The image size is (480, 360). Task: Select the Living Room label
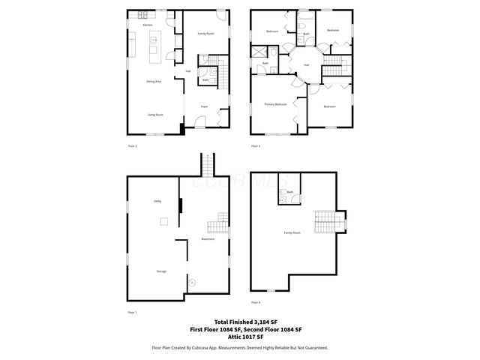[155, 115]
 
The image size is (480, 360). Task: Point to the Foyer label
[203, 106]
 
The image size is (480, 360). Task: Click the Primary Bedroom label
[275, 104]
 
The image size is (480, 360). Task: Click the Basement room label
[208, 239]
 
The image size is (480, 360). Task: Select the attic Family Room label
[292, 233]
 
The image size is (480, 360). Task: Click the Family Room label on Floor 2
[205, 34]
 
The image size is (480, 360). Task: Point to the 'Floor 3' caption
[256, 145]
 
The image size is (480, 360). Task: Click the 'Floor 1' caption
[133, 311]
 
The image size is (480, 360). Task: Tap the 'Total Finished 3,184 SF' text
[239, 322]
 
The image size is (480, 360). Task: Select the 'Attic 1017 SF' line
[239, 335]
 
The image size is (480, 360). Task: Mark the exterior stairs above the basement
[206, 164]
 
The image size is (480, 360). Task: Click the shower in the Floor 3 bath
[259, 52]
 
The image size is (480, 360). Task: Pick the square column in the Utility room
[163, 221]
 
